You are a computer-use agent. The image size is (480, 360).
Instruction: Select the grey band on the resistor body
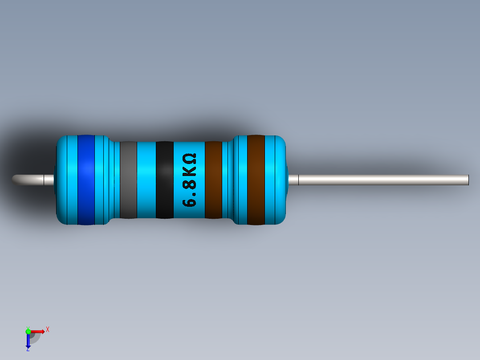click(x=128, y=180)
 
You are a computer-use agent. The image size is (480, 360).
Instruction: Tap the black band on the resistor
click(x=164, y=180)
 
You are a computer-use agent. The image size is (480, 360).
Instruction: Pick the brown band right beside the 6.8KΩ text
click(x=213, y=180)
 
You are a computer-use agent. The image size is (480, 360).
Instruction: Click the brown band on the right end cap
click(x=256, y=180)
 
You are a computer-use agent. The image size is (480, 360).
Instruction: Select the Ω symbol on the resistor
click(x=190, y=159)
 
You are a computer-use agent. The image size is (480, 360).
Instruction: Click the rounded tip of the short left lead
click(x=16, y=180)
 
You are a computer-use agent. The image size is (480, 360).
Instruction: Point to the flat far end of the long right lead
click(x=468, y=180)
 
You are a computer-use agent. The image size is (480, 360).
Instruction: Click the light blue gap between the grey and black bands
click(x=146, y=180)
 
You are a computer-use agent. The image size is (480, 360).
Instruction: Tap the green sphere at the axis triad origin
click(x=28, y=331)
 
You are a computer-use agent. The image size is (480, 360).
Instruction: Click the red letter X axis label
click(x=47, y=329)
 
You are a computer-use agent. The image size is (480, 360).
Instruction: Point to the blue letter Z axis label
click(x=28, y=349)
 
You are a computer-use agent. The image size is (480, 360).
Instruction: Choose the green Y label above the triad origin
click(x=28, y=327)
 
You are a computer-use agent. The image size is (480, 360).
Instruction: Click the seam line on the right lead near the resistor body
click(x=298, y=180)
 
